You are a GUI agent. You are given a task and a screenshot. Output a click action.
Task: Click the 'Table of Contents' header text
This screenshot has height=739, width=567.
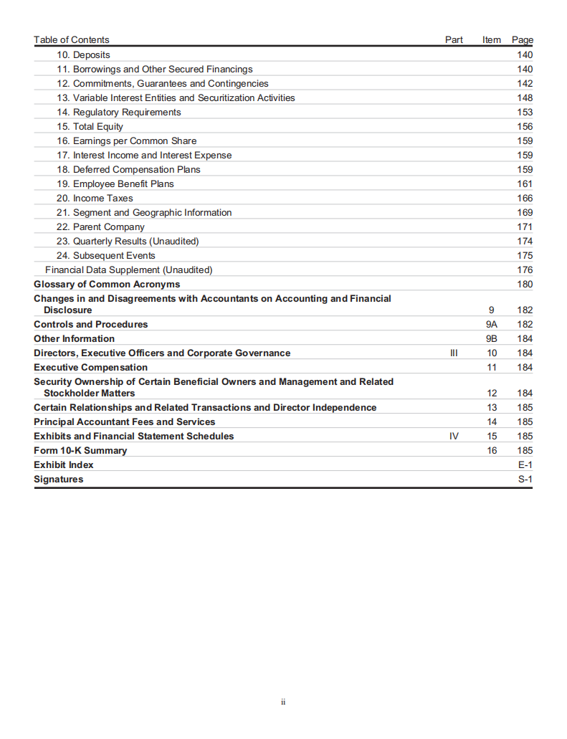coord(72,40)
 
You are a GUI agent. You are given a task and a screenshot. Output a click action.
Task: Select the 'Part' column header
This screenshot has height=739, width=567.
coord(454,40)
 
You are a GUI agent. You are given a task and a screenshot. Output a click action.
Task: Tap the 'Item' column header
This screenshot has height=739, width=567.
coord(492,40)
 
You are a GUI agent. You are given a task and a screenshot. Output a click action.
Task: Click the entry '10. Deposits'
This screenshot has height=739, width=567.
coord(83,55)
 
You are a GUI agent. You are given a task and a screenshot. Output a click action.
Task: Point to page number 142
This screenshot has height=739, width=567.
coord(525,84)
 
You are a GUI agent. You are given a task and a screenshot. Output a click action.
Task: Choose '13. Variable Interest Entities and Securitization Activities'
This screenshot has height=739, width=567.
coord(176,98)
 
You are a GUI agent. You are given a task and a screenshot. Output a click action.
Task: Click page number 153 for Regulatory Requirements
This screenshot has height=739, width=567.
coord(525,113)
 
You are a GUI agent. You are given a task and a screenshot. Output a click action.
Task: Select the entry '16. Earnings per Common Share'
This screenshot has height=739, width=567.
coord(126,141)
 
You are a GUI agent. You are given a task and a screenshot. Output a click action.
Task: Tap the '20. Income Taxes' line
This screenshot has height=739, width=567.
coord(95,199)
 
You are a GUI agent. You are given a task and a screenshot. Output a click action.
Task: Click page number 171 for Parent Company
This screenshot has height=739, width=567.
coord(525,227)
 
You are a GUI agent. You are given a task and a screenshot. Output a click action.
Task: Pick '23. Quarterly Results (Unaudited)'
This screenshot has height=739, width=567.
coord(128,242)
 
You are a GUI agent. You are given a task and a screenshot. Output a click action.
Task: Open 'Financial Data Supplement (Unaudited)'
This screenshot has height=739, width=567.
coord(129,270)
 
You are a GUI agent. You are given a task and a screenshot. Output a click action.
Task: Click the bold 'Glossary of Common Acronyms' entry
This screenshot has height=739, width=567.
coord(107,285)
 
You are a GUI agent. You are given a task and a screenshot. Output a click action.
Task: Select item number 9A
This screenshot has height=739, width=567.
coord(492,325)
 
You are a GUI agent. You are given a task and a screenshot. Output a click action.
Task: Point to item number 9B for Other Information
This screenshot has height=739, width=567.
coord(492,339)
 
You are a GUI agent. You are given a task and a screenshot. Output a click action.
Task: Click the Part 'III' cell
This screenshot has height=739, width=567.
coord(453,353)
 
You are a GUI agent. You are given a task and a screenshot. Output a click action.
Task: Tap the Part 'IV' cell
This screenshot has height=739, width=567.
coord(453,437)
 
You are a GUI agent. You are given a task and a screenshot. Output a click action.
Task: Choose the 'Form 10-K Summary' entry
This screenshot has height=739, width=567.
coord(80,451)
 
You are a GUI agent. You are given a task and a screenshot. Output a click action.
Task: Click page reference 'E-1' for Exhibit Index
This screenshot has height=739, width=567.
coord(525,465)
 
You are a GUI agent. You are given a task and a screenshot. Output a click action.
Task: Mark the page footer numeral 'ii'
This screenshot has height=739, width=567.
coord(283,702)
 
